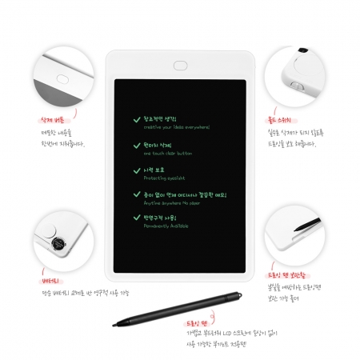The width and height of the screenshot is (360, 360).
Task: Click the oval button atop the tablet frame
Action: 180,64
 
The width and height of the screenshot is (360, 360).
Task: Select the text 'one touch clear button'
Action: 168,154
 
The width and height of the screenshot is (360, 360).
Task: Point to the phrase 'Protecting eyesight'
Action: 163,178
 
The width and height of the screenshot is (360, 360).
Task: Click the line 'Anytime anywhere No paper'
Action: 172,202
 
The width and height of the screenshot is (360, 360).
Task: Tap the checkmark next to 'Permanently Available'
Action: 137,218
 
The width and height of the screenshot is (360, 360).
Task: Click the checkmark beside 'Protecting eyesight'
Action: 137,170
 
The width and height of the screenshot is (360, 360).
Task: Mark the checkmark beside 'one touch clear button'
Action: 137,146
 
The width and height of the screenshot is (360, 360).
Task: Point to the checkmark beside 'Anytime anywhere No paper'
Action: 137,194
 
